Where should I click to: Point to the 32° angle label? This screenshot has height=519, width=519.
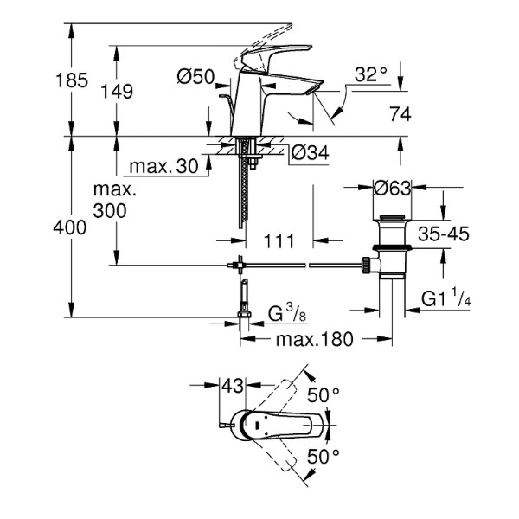click(371, 75)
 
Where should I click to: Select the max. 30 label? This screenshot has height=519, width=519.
click(163, 165)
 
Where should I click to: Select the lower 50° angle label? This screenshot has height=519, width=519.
click(324, 455)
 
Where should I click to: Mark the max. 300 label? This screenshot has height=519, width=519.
click(112, 200)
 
